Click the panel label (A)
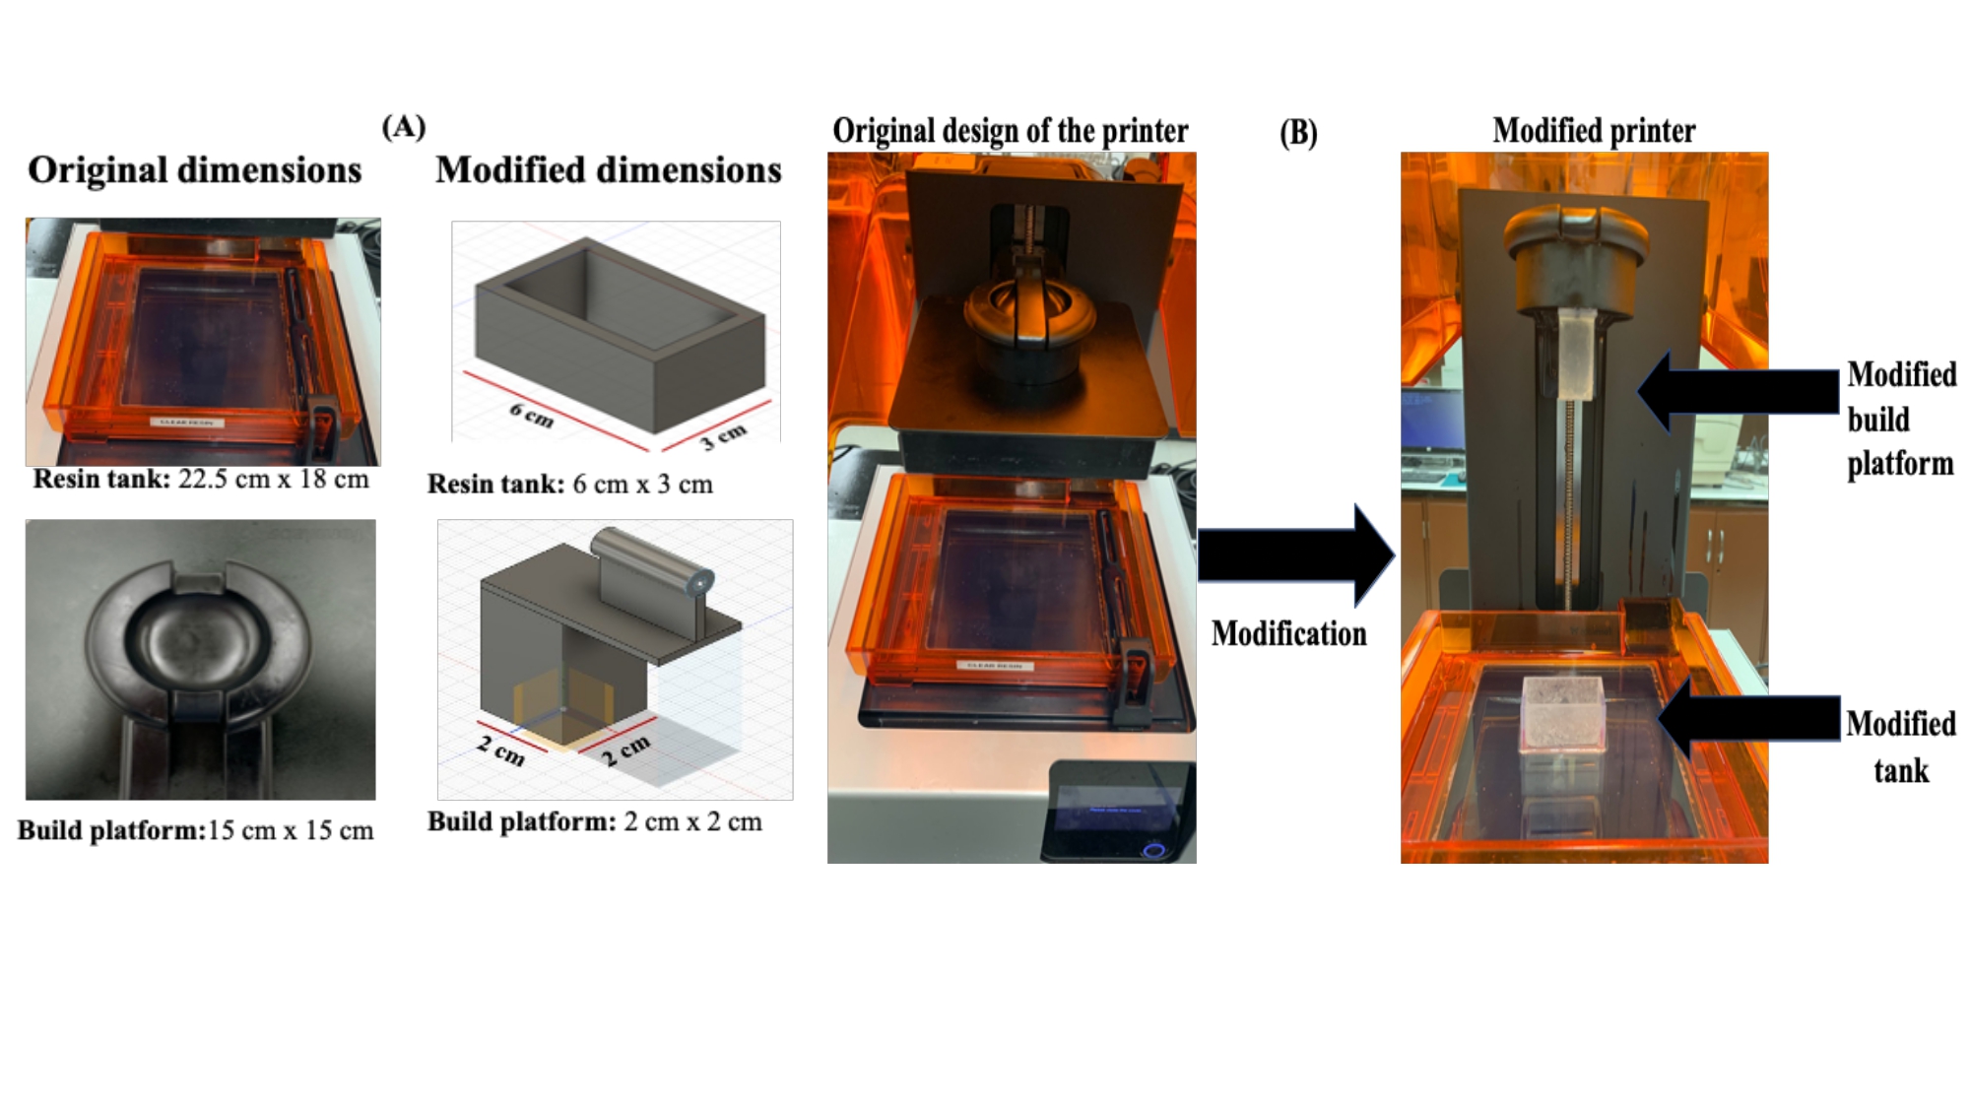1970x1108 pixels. pos(404,126)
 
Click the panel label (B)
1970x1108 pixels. pos(1298,132)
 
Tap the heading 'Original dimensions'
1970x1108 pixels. pos(194,170)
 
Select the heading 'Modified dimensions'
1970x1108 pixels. pos(608,170)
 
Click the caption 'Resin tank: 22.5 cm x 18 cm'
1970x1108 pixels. pos(201,480)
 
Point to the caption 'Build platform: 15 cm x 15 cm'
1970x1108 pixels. pos(196,830)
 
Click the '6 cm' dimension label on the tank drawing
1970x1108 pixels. pos(532,416)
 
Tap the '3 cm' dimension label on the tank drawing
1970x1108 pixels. pos(723,435)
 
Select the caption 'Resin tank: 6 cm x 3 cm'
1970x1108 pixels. pos(569,485)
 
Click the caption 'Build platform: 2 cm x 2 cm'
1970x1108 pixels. pos(594,821)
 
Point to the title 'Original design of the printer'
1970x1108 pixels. pos(1010,131)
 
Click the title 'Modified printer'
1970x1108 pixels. pos(1593,131)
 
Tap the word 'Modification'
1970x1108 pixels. pos(1288,633)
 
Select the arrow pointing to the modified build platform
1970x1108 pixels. pos(1738,391)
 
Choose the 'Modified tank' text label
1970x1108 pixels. pos(1900,747)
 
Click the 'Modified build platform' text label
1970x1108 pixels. pos(1900,419)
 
